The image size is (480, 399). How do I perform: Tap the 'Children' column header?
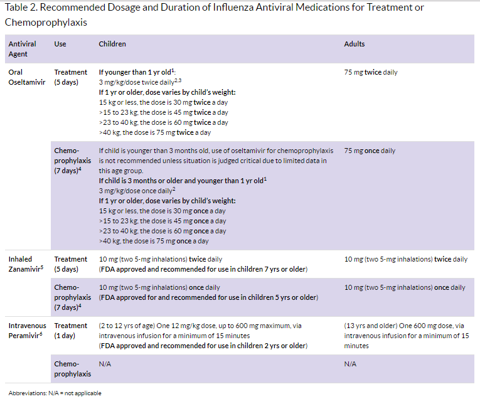[112, 45]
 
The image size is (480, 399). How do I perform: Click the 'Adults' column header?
[355, 45]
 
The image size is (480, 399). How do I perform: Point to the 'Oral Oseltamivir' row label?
[26, 77]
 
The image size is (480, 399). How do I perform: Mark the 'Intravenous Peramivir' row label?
[28, 331]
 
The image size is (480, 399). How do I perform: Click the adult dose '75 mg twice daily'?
[371, 72]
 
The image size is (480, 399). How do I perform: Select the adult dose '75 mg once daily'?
[370, 151]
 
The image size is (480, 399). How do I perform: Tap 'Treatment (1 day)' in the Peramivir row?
[70, 331]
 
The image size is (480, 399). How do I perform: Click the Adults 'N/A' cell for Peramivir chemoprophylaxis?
[350, 364]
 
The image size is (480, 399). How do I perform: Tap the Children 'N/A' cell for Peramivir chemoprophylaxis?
[105, 364]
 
